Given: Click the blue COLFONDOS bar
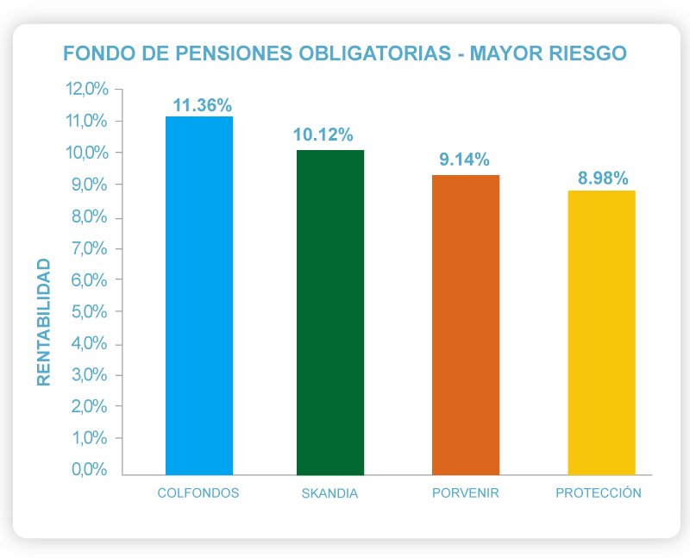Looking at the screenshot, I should coord(199,295).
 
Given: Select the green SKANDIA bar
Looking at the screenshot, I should coord(330,312).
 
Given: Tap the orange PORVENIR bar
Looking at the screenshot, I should coord(466,324).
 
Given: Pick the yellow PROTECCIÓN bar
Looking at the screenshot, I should coord(601,332).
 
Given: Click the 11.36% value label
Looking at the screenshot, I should coord(202,106).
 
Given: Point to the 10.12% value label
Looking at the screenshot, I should coord(323,135).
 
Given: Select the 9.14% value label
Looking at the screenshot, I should coord(464,160).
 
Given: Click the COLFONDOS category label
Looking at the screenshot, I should coord(198,493).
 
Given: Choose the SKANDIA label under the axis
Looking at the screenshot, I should coord(329,494).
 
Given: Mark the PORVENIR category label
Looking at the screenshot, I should coord(466,493).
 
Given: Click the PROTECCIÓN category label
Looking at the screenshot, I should coord(599,493).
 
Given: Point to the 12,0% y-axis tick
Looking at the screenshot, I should coord(86,90).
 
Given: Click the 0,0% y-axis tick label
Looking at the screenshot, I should coord(88,470).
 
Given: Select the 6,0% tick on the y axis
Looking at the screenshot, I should coord(88,280).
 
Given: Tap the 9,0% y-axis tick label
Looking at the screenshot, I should coord(88,185).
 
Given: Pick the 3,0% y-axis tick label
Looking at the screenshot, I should coord(88,375).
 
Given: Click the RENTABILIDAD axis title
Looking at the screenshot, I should coord(45,321).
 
